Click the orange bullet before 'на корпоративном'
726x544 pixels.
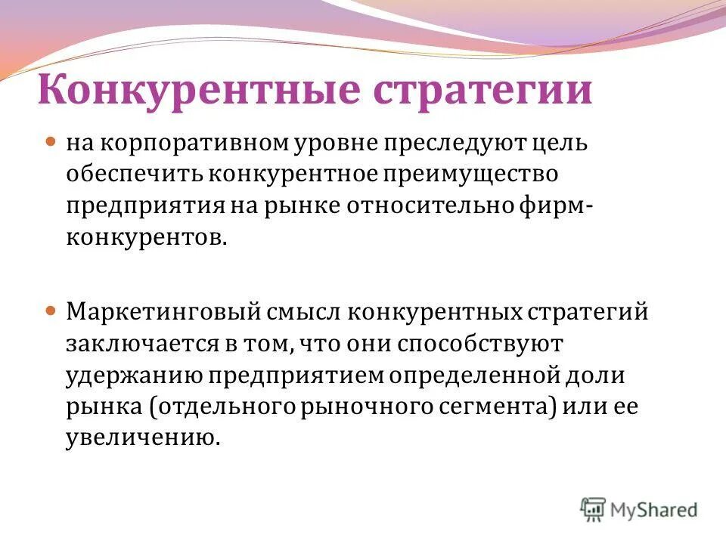tap(51, 141)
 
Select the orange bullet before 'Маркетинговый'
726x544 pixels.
tap(51, 311)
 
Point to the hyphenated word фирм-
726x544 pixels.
tap(560, 207)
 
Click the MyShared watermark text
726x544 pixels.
tap(653, 509)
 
